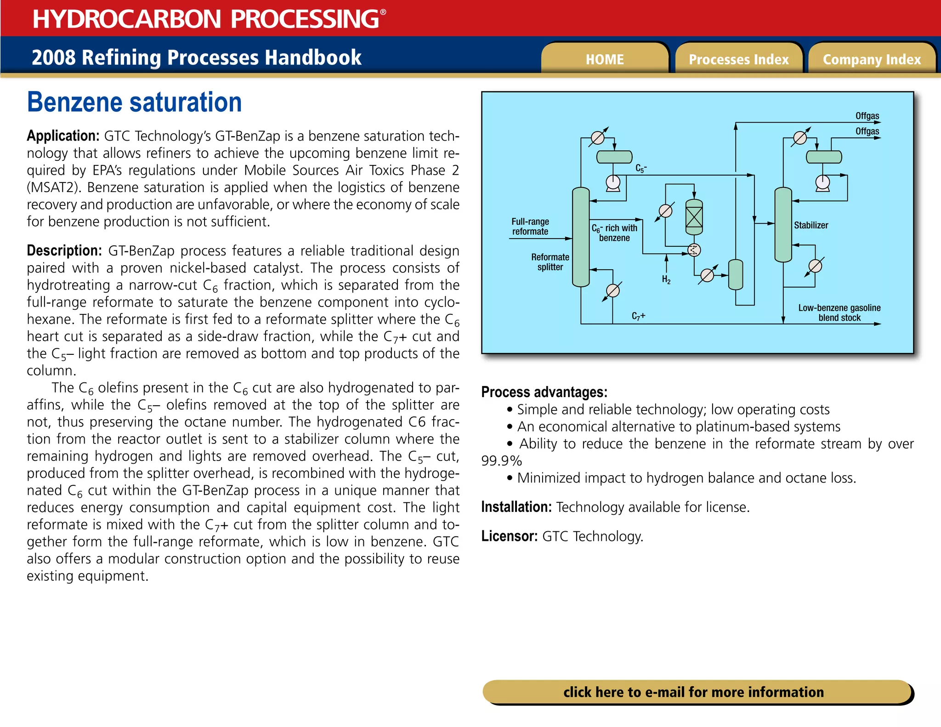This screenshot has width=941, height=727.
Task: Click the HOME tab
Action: point(605,59)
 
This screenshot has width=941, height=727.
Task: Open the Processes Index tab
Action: point(738,59)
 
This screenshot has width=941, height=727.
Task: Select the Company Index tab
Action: point(872,59)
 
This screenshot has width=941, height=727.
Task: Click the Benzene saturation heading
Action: point(134,102)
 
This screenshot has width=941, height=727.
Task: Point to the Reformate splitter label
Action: point(550,262)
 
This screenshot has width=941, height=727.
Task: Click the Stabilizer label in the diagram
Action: point(811,225)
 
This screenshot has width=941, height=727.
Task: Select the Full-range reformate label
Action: point(530,227)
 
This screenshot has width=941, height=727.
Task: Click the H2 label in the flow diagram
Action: point(666,279)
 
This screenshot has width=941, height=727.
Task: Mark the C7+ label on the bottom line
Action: point(638,316)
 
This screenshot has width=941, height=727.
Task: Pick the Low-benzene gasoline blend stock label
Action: point(839,312)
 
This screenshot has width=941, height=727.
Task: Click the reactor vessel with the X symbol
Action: point(694,217)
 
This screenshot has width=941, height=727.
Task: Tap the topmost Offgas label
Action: point(867,116)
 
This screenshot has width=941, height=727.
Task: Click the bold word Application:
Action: point(63,136)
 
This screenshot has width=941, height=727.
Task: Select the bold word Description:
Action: point(64,250)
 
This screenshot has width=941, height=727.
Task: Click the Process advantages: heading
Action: point(544,392)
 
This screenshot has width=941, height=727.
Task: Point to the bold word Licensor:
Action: point(509,536)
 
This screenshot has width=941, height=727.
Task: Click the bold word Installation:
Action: point(516,507)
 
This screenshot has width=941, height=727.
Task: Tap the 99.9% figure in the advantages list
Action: point(501,460)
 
